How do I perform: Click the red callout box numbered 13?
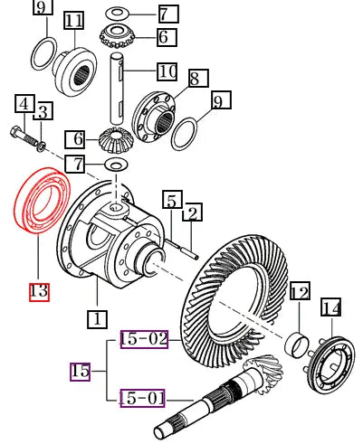pyautogui.click(x=39, y=291)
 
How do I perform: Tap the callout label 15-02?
pyautogui.click(x=145, y=340)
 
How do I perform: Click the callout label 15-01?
pyautogui.click(x=145, y=397)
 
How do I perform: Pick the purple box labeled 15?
pyautogui.click(x=80, y=371)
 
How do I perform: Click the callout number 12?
pyautogui.click(x=300, y=292)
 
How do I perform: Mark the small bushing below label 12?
pyautogui.click(x=295, y=345)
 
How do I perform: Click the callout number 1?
pyautogui.click(x=97, y=318)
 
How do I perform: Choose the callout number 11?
pyautogui.click(x=74, y=20)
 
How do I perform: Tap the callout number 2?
pyautogui.click(x=192, y=213)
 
